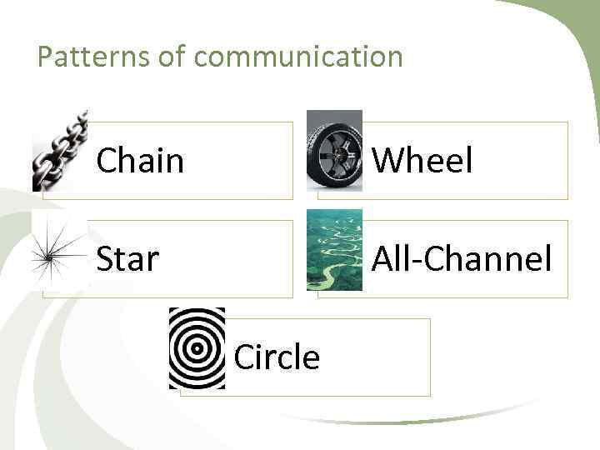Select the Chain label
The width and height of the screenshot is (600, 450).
point(140,160)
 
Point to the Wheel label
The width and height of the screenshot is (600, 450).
point(422,160)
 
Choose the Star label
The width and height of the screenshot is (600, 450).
point(127,259)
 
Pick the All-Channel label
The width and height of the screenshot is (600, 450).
point(461,259)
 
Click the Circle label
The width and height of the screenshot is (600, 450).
point(277,357)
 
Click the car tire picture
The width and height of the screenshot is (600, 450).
point(334,151)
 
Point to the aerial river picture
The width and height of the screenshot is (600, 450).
point(334,250)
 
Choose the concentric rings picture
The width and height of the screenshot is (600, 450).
point(197,348)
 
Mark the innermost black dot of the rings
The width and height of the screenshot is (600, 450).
point(197,349)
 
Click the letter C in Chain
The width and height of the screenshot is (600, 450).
point(107,160)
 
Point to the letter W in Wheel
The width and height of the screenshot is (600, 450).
point(385,160)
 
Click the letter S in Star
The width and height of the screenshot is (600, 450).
point(105,259)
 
